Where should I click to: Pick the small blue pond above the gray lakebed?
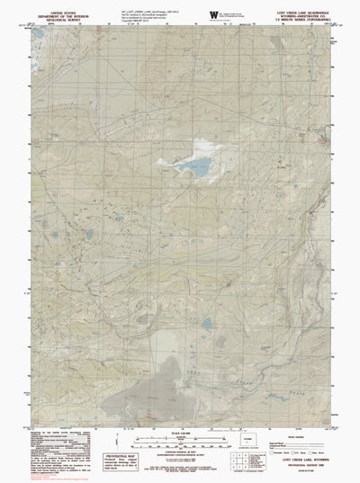click(206, 322)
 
